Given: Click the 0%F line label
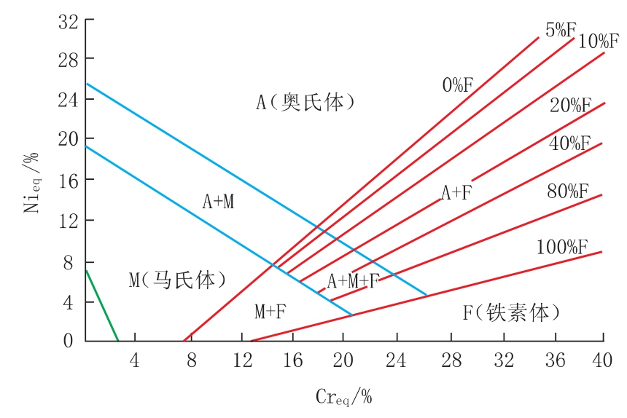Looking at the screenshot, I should (x=458, y=84).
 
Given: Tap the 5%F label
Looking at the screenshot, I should (x=561, y=30).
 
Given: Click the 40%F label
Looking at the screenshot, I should (x=569, y=143).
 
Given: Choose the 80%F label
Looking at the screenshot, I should (x=567, y=192).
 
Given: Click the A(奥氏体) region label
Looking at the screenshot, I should (x=305, y=102).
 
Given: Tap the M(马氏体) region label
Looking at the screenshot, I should (x=177, y=280).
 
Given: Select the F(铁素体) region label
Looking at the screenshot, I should (x=512, y=313).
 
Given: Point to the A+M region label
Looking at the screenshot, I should (x=218, y=202).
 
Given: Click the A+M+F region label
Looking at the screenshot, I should (x=353, y=281).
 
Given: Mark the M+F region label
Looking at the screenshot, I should (x=270, y=312).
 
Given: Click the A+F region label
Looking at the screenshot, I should (x=457, y=192).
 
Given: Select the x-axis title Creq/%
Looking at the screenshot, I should (x=343, y=397).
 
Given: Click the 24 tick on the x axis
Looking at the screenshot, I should (x=396, y=359).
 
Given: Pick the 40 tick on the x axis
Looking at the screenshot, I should (x=602, y=359).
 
